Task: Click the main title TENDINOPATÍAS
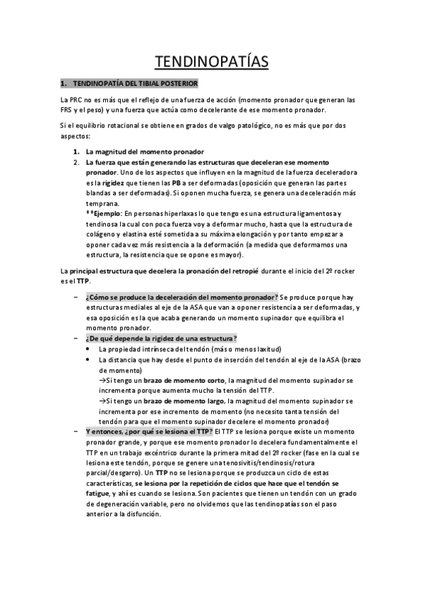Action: click(x=211, y=61)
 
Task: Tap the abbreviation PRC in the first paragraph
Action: click(x=76, y=99)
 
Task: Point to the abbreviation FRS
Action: click(x=68, y=109)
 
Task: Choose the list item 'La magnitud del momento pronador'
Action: click(x=144, y=152)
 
